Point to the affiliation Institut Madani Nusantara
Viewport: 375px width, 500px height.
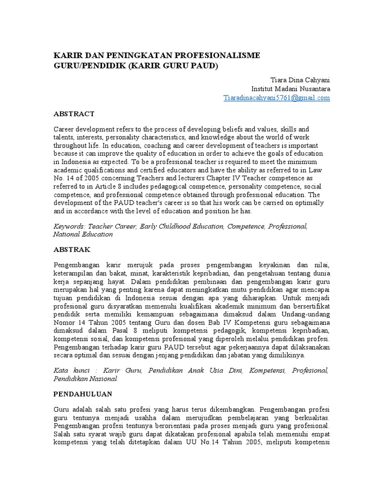pos(291,89)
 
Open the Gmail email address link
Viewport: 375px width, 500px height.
pos(276,98)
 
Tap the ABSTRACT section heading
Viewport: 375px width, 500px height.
pos(73,114)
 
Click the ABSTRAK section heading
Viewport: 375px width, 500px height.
pos(71,249)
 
